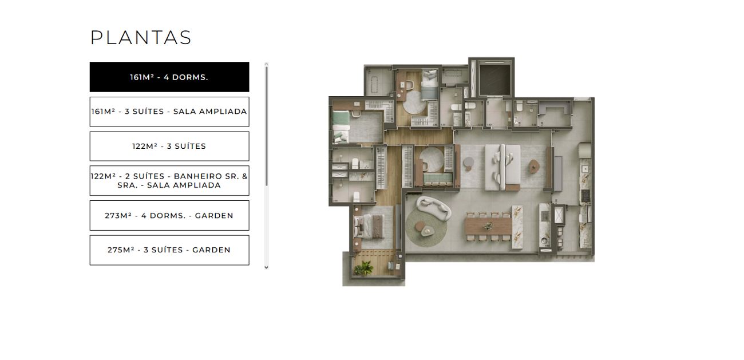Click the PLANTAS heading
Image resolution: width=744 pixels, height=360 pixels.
(141, 37)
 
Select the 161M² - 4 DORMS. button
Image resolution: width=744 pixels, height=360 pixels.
(169, 77)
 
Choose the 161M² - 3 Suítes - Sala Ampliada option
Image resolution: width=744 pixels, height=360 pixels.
(169, 112)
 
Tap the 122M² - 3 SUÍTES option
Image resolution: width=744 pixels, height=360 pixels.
(169, 146)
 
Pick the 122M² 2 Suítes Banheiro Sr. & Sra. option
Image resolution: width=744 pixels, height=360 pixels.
(169, 181)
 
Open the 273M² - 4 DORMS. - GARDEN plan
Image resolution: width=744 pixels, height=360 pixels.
(169, 216)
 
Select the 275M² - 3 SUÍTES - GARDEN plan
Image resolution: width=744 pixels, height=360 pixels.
(169, 250)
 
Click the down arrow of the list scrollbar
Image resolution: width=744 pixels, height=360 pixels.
(266, 267)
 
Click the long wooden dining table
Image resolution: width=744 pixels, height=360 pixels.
(488, 226)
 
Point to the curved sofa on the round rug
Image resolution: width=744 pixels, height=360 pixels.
(433, 208)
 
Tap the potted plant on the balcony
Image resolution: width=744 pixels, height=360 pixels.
(363, 268)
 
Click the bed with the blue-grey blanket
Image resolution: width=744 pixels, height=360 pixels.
(429, 85)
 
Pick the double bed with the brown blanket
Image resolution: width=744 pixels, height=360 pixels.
(369, 226)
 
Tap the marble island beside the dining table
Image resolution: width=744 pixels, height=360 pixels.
(517, 227)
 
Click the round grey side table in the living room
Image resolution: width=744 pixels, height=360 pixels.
(468, 162)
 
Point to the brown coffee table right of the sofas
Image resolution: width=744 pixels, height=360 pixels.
(534, 166)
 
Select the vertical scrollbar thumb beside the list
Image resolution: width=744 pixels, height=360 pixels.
(266, 126)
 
